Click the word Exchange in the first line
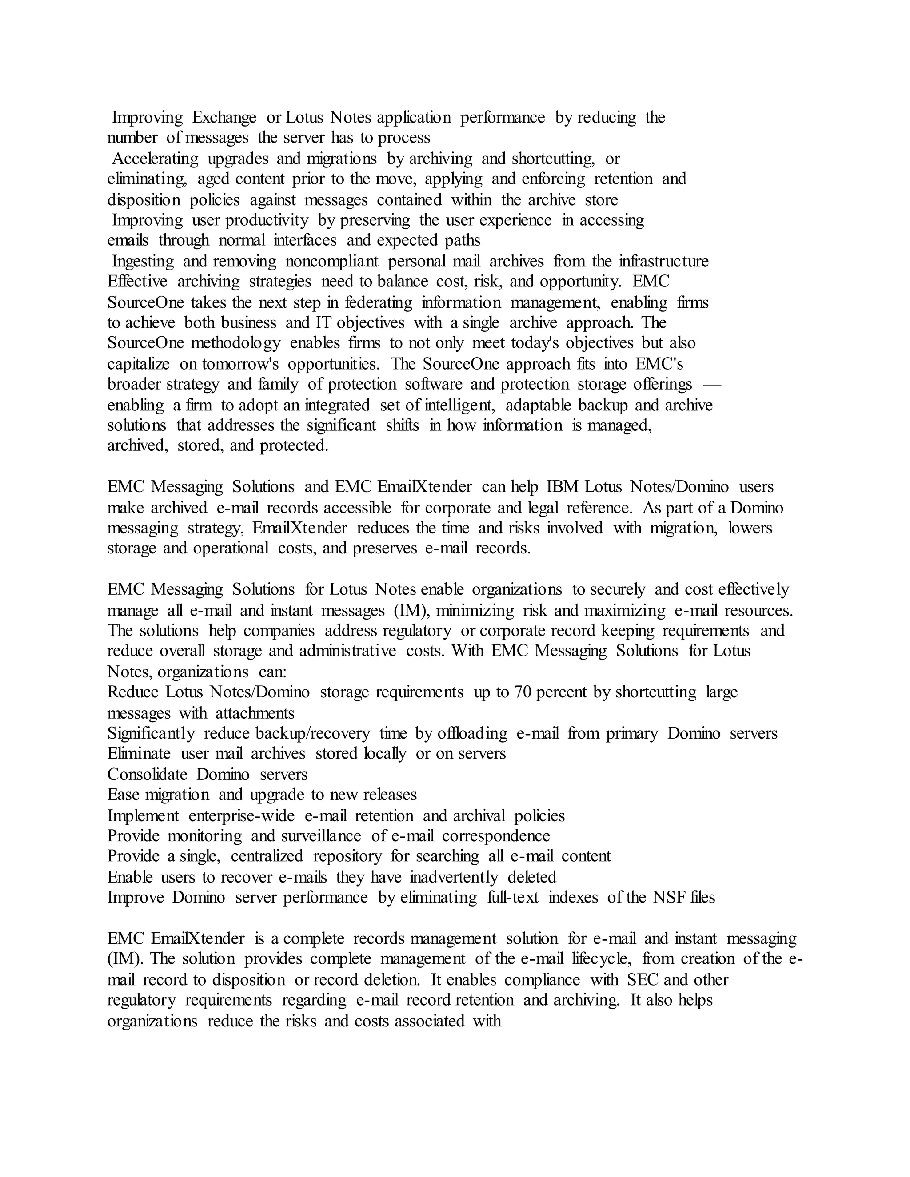(224, 118)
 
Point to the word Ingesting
(143, 261)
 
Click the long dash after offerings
(713, 385)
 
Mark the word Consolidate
(147, 775)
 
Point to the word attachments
(255, 714)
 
